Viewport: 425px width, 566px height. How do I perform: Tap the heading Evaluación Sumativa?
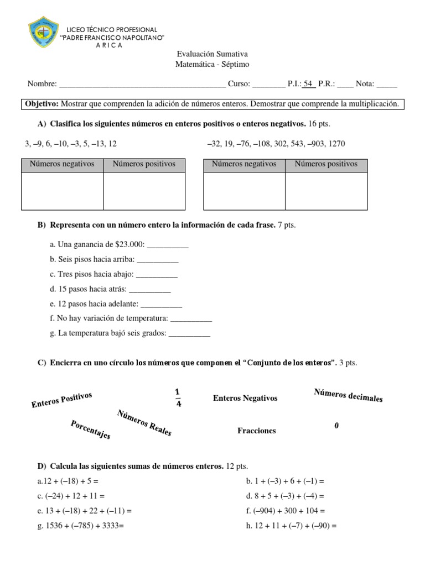212,54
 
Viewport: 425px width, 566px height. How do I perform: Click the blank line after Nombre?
142,85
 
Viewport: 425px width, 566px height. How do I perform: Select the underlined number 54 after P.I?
309,84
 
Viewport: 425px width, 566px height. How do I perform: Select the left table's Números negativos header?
62,164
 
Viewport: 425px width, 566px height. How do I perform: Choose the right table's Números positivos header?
326,164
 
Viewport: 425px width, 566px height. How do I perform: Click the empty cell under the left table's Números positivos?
144,191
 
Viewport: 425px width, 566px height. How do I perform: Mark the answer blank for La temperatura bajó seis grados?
189,333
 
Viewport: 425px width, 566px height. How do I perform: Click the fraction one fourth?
178,397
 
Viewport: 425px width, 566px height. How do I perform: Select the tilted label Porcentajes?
91,429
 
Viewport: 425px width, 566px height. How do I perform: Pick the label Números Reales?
144,423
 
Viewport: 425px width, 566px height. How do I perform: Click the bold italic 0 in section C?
336,426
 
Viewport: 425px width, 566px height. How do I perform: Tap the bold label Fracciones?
257,431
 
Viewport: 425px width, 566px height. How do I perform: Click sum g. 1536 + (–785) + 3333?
81,526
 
